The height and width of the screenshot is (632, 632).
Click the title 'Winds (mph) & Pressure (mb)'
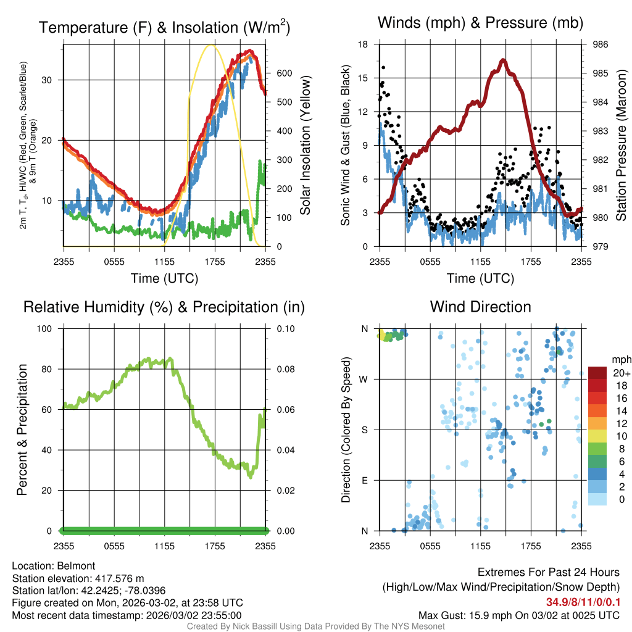click(x=480, y=23)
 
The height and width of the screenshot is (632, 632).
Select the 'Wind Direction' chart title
click(x=480, y=307)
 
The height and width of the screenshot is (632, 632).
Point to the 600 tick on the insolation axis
click(x=284, y=73)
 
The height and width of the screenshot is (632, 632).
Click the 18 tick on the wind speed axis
click(x=364, y=44)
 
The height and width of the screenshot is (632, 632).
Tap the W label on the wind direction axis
click(x=364, y=379)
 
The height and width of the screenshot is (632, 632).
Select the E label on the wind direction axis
click(x=364, y=480)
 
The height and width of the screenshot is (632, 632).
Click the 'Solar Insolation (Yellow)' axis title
click(x=306, y=145)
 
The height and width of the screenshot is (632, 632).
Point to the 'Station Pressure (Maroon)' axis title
click(x=622, y=145)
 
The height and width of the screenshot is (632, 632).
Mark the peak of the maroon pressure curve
click(x=503, y=60)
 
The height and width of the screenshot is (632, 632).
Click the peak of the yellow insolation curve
click(x=212, y=45)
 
